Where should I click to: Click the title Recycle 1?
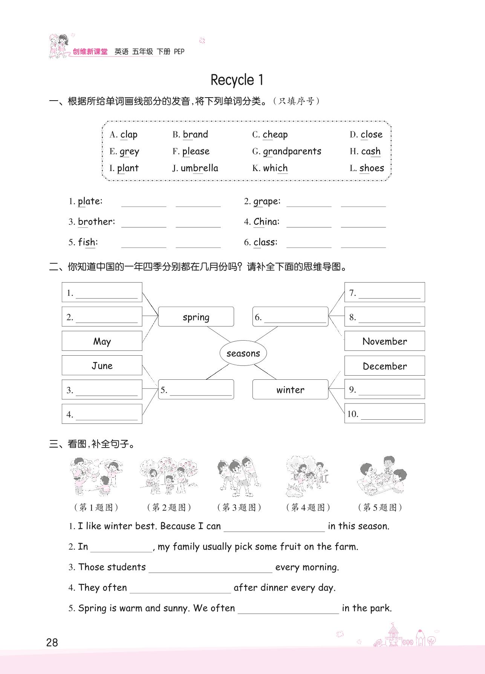(237, 80)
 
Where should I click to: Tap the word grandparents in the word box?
(292, 151)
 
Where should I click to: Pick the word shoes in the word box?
(372, 168)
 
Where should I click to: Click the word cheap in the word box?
(275, 134)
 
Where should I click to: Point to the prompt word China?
(266, 222)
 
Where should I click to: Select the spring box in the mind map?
(196, 317)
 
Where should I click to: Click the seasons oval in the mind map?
(243, 353)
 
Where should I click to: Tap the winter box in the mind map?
(290, 390)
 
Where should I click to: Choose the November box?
(384, 341)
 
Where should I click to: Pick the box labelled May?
(102, 341)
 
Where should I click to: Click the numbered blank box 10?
(384, 414)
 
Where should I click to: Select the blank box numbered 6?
(290, 317)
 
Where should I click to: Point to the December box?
(384, 366)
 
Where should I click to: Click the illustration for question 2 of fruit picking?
(168, 476)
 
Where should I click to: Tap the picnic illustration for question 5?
(381, 476)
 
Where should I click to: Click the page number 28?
(52, 642)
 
